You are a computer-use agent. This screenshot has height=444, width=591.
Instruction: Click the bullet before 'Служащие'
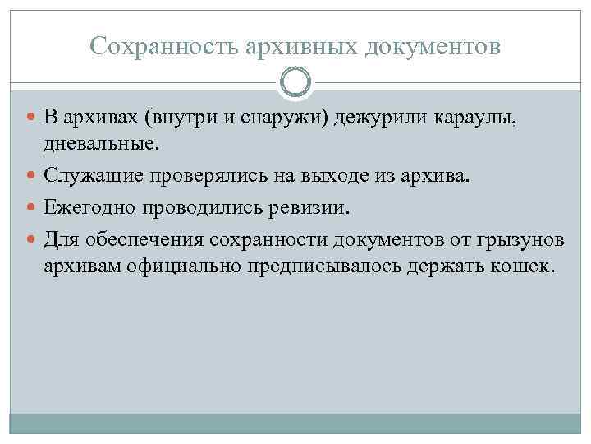click(32, 176)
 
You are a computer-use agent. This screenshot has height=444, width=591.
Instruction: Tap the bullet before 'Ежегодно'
click(32, 208)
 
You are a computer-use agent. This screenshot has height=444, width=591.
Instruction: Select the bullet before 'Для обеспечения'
click(32, 239)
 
